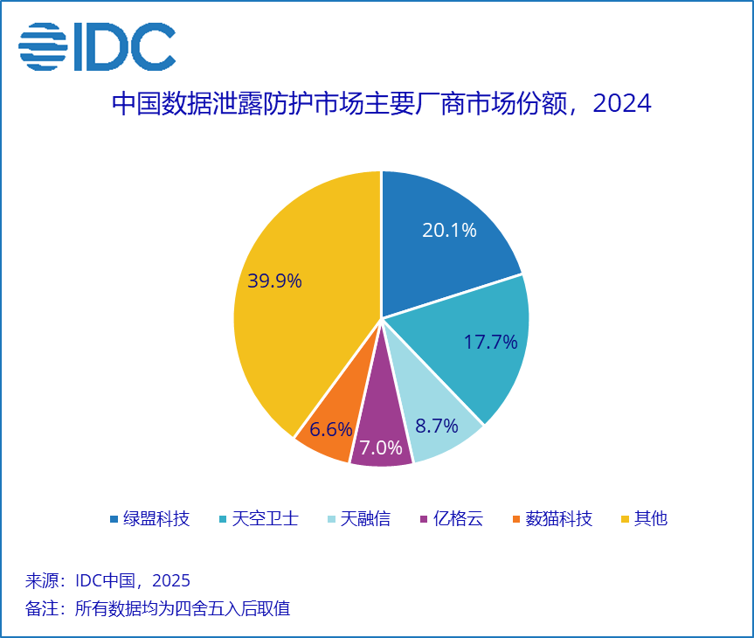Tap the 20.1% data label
pos(449,231)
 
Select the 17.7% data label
pos(490,342)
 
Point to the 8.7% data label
pos(437,426)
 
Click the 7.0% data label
pos(381,448)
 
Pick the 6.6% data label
pos(331,429)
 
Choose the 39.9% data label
pos(274,281)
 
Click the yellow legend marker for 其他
pos(624,519)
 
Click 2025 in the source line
pos(171,581)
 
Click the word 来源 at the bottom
pos(40,581)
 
